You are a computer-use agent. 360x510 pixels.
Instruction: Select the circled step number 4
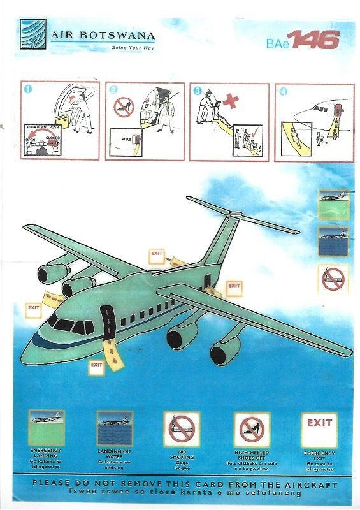click(283, 90)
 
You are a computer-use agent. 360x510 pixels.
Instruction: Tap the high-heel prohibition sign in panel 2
click(123, 107)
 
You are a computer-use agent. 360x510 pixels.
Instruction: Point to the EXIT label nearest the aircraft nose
click(33, 307)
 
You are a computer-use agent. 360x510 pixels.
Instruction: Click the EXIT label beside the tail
click(233, 286)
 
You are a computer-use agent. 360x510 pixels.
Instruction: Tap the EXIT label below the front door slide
click(96, 365)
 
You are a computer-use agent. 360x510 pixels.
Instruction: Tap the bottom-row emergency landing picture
click(46, 428)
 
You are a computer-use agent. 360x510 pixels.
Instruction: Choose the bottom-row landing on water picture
click(115, 428)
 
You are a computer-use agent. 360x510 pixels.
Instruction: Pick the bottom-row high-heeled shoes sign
click(251, 429)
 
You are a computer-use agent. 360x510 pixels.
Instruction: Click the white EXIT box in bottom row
click(319, 429)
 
